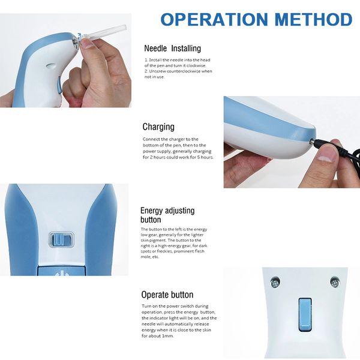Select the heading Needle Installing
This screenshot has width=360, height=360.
coord(173,48)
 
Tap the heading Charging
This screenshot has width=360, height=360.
coord(158,127)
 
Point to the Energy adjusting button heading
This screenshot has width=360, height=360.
coord(167,215)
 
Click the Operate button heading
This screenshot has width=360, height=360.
coord(167,295)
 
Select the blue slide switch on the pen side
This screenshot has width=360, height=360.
coord(60,241)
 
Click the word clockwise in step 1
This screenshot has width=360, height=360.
coord(199,65)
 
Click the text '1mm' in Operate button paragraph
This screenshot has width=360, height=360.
coord(169,336)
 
